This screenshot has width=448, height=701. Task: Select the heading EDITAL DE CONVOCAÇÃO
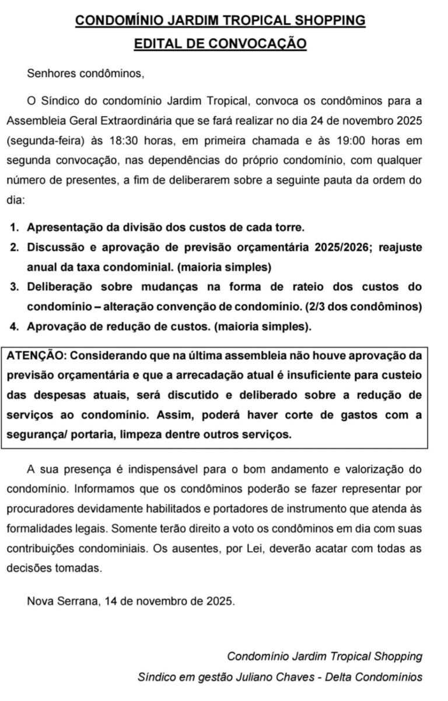coord(220,44)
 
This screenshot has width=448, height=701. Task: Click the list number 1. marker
coord(16,227)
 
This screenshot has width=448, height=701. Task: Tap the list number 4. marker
coord(16,327)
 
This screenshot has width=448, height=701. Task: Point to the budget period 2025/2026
coord(343,247)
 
